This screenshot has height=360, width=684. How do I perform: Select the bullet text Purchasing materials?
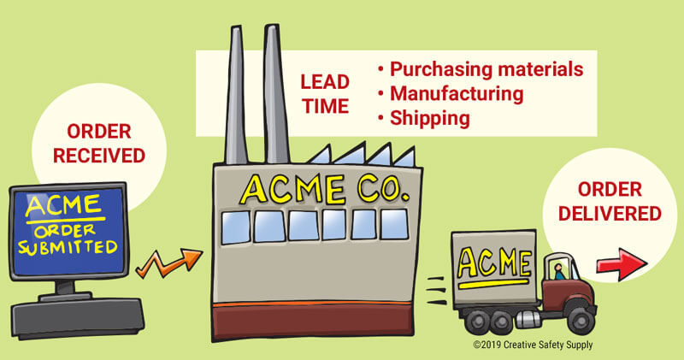[486, 68]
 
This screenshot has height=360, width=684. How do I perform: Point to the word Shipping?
[430, 117]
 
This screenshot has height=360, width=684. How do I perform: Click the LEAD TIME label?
[324, 94]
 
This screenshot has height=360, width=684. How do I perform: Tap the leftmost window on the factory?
[235, 226]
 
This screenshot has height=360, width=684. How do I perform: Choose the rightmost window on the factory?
[395, 224]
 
